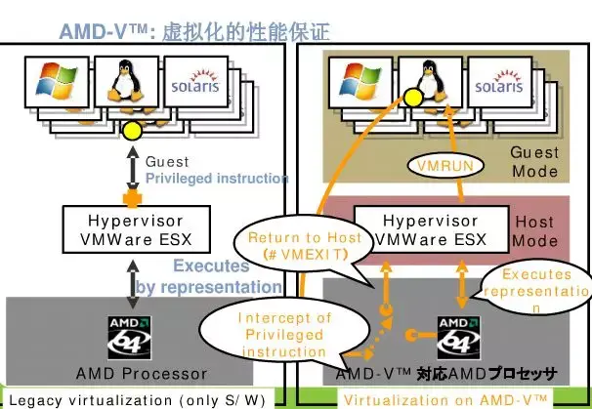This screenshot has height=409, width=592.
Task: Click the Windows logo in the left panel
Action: point(57,85)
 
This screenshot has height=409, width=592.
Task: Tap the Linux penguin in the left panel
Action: point(124,83)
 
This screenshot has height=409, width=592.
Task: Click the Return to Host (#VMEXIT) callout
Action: point(303,246)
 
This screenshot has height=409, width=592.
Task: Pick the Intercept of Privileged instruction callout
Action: point(285,334)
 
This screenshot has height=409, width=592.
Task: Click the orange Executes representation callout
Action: point(542,291)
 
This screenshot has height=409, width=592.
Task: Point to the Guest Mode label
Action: point(534,162)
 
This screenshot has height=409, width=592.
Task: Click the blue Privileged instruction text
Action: point(216,179)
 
